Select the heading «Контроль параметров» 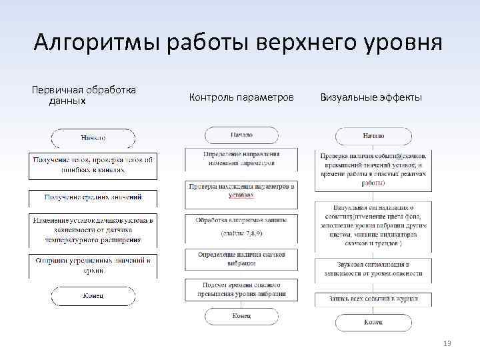point(241,98)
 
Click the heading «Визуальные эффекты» point(371,98)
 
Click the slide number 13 point(447,343)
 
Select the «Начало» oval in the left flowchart point(93,138)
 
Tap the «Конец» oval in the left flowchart point(93,295)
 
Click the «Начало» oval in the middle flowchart point(241,135)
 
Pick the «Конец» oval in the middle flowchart point(241,315)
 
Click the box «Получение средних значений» point(93,197)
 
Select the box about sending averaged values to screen point(93,265)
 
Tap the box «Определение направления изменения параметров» point(241,159)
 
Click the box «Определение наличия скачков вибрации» point(241,259)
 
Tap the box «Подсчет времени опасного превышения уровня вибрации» point(241,289)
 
